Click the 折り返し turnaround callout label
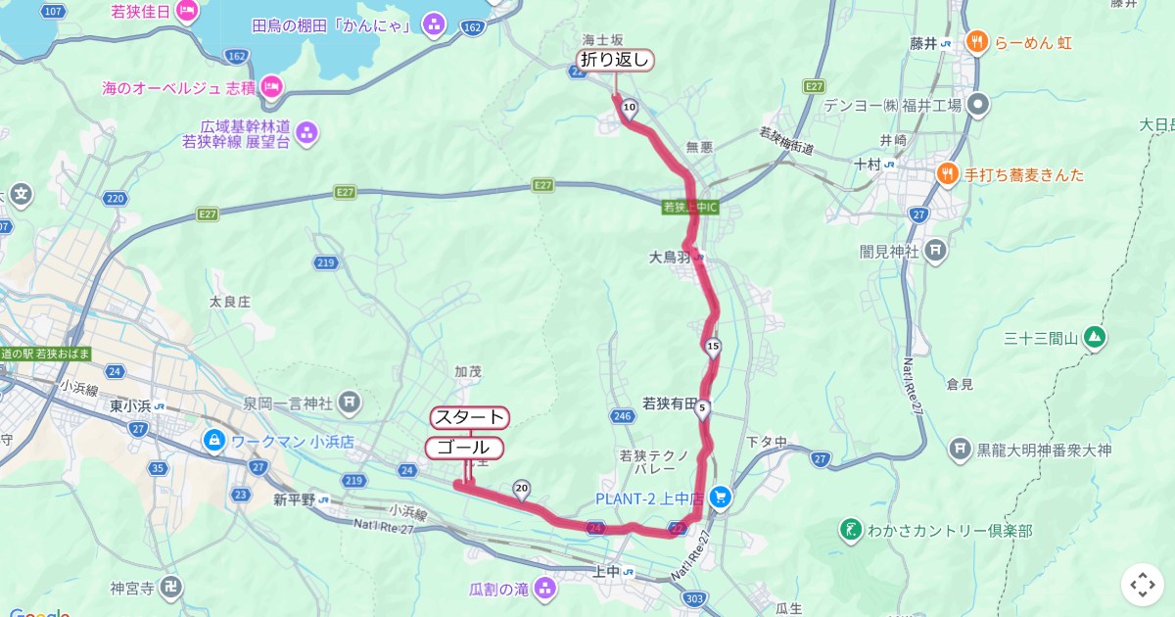[615, 60]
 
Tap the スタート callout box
[470, 417]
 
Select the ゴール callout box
[464, 448]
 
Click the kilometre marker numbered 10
[629, 108]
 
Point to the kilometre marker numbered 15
[713, 346]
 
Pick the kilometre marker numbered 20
[522, 488]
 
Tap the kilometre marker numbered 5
[702, 407]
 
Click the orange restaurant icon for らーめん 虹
[976, 42]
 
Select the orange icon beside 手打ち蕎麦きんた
[947, 174]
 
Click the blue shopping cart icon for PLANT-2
[721, 498]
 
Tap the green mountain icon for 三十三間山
[1095, 338]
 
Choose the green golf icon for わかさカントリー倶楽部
[851, 530]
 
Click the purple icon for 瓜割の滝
[544, 589]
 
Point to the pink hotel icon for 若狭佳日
[186, 12]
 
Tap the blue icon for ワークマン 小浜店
[213, 442]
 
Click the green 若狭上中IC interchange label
[690, 208]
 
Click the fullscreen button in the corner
[1142, 585]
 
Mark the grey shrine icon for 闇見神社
[936, 251]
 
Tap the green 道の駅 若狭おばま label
[46, 354]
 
